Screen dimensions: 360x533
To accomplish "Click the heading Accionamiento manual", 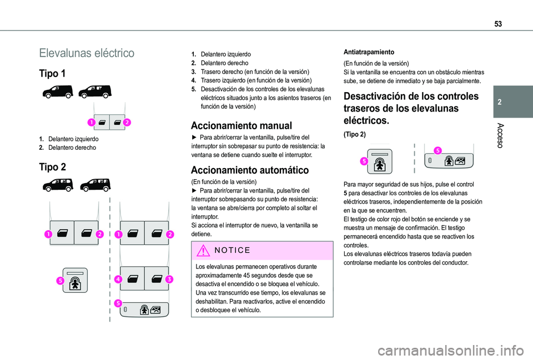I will click(x=241, y=125).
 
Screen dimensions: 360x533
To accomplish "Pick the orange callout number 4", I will click(x=118, y=279).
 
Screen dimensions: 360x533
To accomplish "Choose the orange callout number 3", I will click(x=169, y=279).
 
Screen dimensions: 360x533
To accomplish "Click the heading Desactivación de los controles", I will click(x=411, y=96).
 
